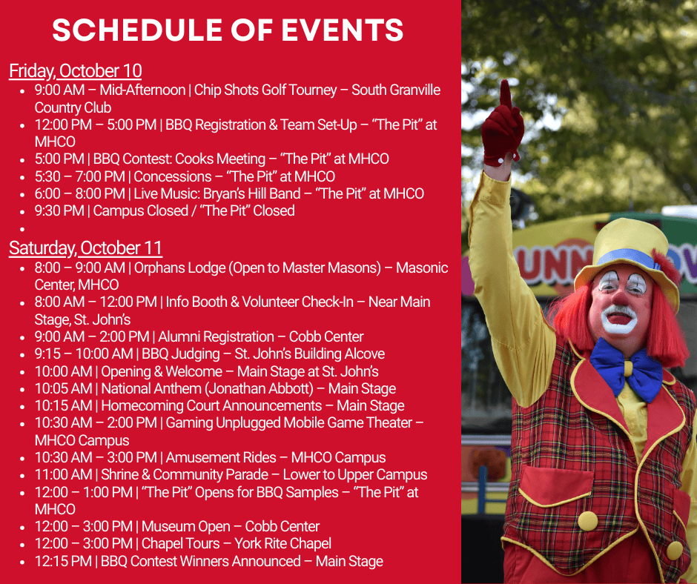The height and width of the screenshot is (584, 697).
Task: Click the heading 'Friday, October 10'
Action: [76, 71]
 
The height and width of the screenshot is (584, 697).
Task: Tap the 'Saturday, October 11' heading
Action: [86, 248]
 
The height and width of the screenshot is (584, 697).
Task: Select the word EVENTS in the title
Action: [343, 30]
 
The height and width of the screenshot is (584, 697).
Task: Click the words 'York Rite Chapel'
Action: [283, 543]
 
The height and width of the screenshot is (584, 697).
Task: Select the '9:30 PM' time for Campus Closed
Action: [59, 210]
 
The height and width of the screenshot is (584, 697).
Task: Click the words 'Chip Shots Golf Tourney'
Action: [265, 90]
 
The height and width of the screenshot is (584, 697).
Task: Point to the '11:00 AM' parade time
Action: [63, 474]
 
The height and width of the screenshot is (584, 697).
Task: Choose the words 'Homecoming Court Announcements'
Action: [211, 406]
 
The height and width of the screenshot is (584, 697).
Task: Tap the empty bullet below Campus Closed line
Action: [22, 229]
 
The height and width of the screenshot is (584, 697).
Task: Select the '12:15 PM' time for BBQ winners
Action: [63, 561]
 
